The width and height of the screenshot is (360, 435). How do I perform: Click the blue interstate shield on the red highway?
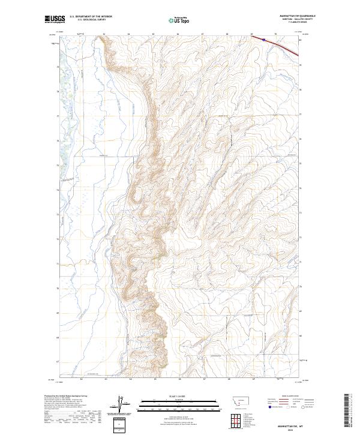pyautogui.click(x=263, y=38)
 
